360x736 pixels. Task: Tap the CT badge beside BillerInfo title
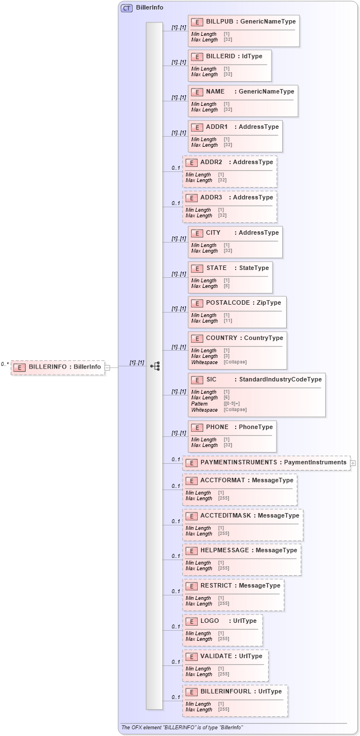(127, 8)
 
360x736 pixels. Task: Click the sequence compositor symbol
(155, 366)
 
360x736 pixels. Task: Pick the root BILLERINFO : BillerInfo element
(58, 367)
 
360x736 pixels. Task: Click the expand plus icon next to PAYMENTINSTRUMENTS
(353, 463)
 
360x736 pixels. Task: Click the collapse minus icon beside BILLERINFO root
(107, 367)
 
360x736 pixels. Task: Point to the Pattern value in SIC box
(231, 403)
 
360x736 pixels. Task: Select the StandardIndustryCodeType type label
(280, 380)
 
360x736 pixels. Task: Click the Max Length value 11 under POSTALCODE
(228, 321)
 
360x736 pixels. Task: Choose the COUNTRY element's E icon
(197, 338)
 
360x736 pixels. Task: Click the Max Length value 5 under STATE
(227, 286)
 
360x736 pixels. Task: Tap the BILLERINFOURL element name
(226, 691)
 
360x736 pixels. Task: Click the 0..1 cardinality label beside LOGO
(176, 627)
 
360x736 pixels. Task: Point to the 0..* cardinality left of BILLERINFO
(5, 364)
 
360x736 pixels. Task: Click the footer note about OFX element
(182, 728)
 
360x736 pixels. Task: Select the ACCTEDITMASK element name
(226, 515)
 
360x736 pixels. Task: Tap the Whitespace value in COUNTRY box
(235, 362)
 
